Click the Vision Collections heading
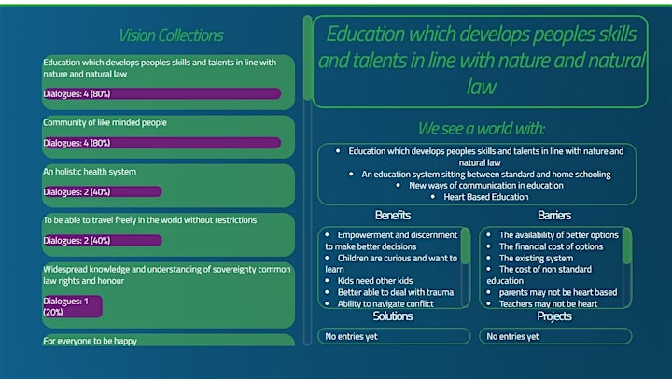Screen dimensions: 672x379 coord(171,35)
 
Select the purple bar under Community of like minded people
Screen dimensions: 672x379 coord(162,143)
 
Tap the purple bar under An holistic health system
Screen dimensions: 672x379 coord(103,191)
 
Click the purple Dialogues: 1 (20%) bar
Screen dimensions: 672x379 coord(73,306)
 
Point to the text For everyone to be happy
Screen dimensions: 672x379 coord(90,341)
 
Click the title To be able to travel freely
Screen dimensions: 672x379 coord(150,220)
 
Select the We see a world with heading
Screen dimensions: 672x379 coord(482,128)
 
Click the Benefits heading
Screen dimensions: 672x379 coord(393,215)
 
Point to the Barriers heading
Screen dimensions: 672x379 coord(554,215)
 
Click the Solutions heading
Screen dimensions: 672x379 coord(393,316)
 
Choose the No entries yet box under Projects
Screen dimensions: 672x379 coord(555,336)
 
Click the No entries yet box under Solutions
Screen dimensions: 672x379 coord(394,336)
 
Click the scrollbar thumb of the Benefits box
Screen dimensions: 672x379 coord(465,246)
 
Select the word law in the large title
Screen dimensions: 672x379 coord(482,87)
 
